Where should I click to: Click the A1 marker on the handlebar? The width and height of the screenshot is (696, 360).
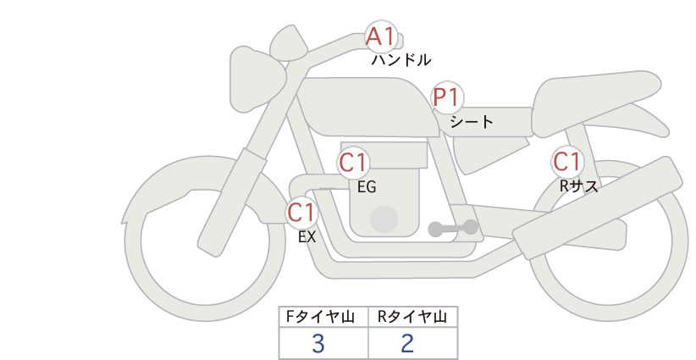(380, 36)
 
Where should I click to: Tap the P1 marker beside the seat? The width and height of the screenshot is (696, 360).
(447, 97)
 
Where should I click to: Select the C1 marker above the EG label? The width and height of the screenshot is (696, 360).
(353, 163)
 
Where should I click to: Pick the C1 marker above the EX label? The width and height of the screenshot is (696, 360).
(301, 212)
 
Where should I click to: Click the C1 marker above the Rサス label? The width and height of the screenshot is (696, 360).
(566, 161)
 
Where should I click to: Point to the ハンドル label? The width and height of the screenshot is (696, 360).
(401, 59)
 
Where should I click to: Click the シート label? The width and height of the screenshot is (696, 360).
(472, 121)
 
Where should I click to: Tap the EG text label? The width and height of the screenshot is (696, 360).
(367, 187)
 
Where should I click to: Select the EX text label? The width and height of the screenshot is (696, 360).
(307, 237)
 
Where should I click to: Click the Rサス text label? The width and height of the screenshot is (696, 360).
(578, 186)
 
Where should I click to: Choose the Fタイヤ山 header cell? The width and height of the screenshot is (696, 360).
(323, 317)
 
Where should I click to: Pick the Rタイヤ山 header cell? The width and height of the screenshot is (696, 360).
(413, 317)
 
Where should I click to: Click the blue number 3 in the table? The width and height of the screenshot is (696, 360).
(318, 343)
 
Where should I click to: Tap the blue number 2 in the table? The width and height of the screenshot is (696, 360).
(407, 343)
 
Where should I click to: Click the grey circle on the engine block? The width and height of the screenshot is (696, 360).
(384, 219)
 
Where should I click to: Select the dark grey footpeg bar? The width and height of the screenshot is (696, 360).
(453, 228)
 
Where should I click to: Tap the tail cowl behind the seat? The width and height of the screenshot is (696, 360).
(594, 102)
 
